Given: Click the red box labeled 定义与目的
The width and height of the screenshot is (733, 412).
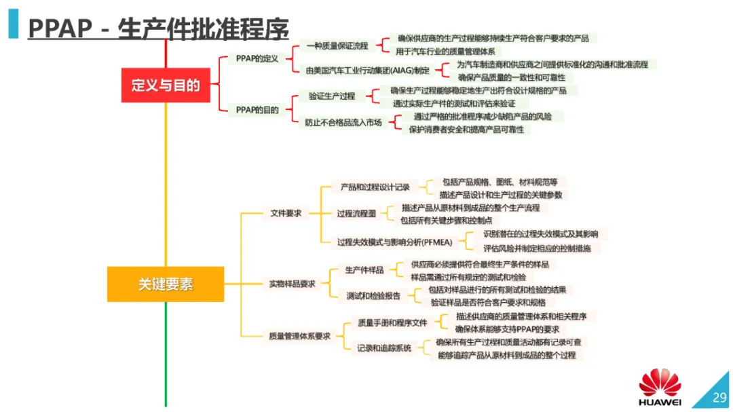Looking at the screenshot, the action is [x=166, y=86].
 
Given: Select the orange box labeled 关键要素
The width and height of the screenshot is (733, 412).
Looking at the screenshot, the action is [x=166, y=284].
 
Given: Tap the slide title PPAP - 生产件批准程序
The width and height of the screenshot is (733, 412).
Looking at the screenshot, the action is [x=158, y=29].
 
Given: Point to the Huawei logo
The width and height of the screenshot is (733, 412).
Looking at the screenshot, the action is [x=660, y=389].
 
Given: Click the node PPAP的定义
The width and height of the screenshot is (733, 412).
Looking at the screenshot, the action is [x=257, y=58].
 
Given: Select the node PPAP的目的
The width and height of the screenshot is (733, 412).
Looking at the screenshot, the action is [x=257, y=109].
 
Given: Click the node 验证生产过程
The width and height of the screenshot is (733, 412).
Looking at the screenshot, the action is [x=332, y=96].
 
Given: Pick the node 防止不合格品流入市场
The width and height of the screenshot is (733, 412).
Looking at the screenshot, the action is [x=343, y=122].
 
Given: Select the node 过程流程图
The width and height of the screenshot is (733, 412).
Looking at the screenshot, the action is [x=356, y=213].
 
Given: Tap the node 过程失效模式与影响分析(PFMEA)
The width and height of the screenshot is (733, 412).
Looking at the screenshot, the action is [x=390, y=242].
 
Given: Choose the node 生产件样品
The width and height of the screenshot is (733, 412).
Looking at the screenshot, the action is [x=364, y=270].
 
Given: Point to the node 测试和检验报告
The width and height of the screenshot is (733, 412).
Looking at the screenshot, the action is [x=373, y=296].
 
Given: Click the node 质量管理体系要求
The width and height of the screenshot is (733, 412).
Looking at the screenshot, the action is [x=299, y=335].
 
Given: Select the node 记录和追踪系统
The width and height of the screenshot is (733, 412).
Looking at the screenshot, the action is [x=384, y=348].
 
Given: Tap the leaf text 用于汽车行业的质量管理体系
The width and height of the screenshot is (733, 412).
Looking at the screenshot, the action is [x=446, y=51].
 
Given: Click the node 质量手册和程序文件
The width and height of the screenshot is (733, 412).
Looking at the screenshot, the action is [x=392, y=323].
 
